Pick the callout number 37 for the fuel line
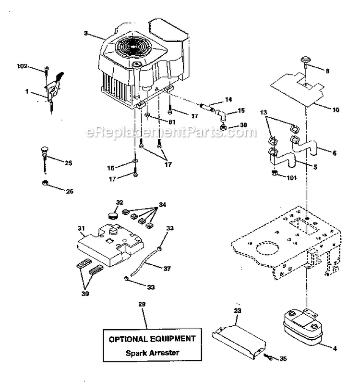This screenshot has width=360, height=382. [x=167, y=269]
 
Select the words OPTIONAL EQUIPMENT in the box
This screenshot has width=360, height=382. [x=152, y=339]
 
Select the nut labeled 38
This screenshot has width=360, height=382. [x=223, y=128]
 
